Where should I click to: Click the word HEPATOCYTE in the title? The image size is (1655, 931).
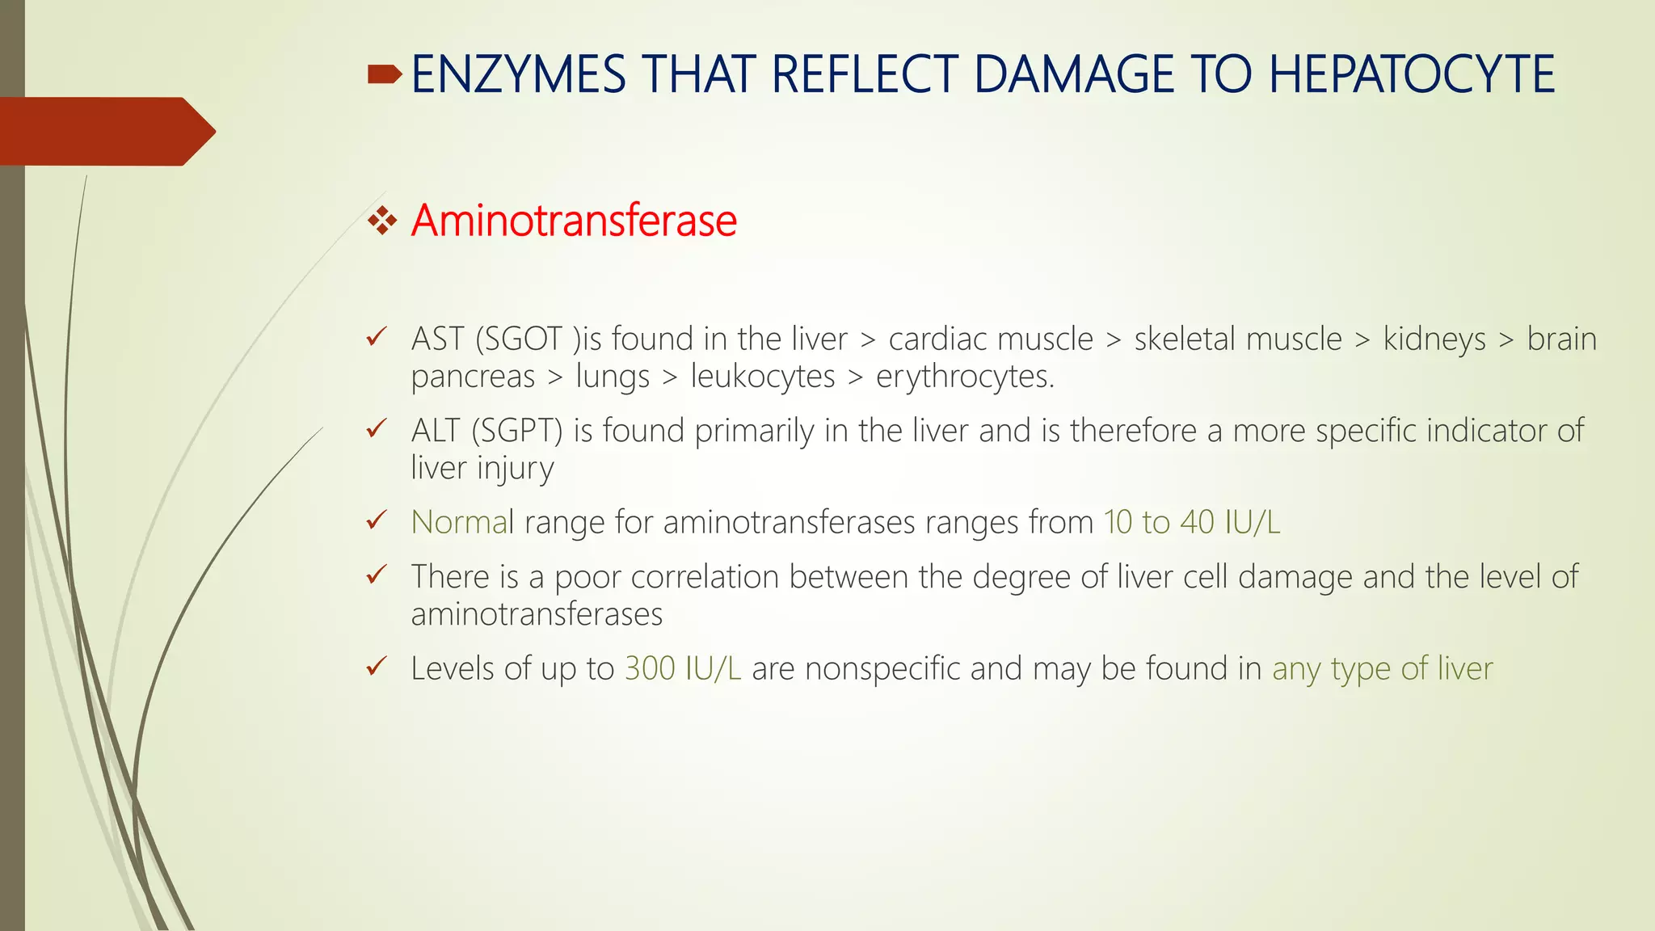(1411, 74)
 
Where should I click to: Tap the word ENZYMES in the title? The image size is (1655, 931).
(518, 74)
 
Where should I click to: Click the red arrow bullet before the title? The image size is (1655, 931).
(384, 75)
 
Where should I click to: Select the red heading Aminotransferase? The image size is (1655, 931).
(574, 221)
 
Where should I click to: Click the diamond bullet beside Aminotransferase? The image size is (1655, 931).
(382, 221)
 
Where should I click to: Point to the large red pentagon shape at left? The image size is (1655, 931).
(105, 131)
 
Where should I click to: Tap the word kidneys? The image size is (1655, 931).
(1434, 339)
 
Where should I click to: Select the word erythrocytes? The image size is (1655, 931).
(965, 377)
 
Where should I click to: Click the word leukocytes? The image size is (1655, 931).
(762, 377)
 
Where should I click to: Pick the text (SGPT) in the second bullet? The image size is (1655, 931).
(517, 431)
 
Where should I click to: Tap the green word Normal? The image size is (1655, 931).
(461, 522)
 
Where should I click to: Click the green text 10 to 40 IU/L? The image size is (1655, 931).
(1191, 522)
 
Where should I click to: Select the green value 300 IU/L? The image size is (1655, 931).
(682, 668)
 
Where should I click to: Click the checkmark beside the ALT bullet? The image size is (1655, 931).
(377, 428)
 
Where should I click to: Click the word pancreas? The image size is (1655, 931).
(473, 377)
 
